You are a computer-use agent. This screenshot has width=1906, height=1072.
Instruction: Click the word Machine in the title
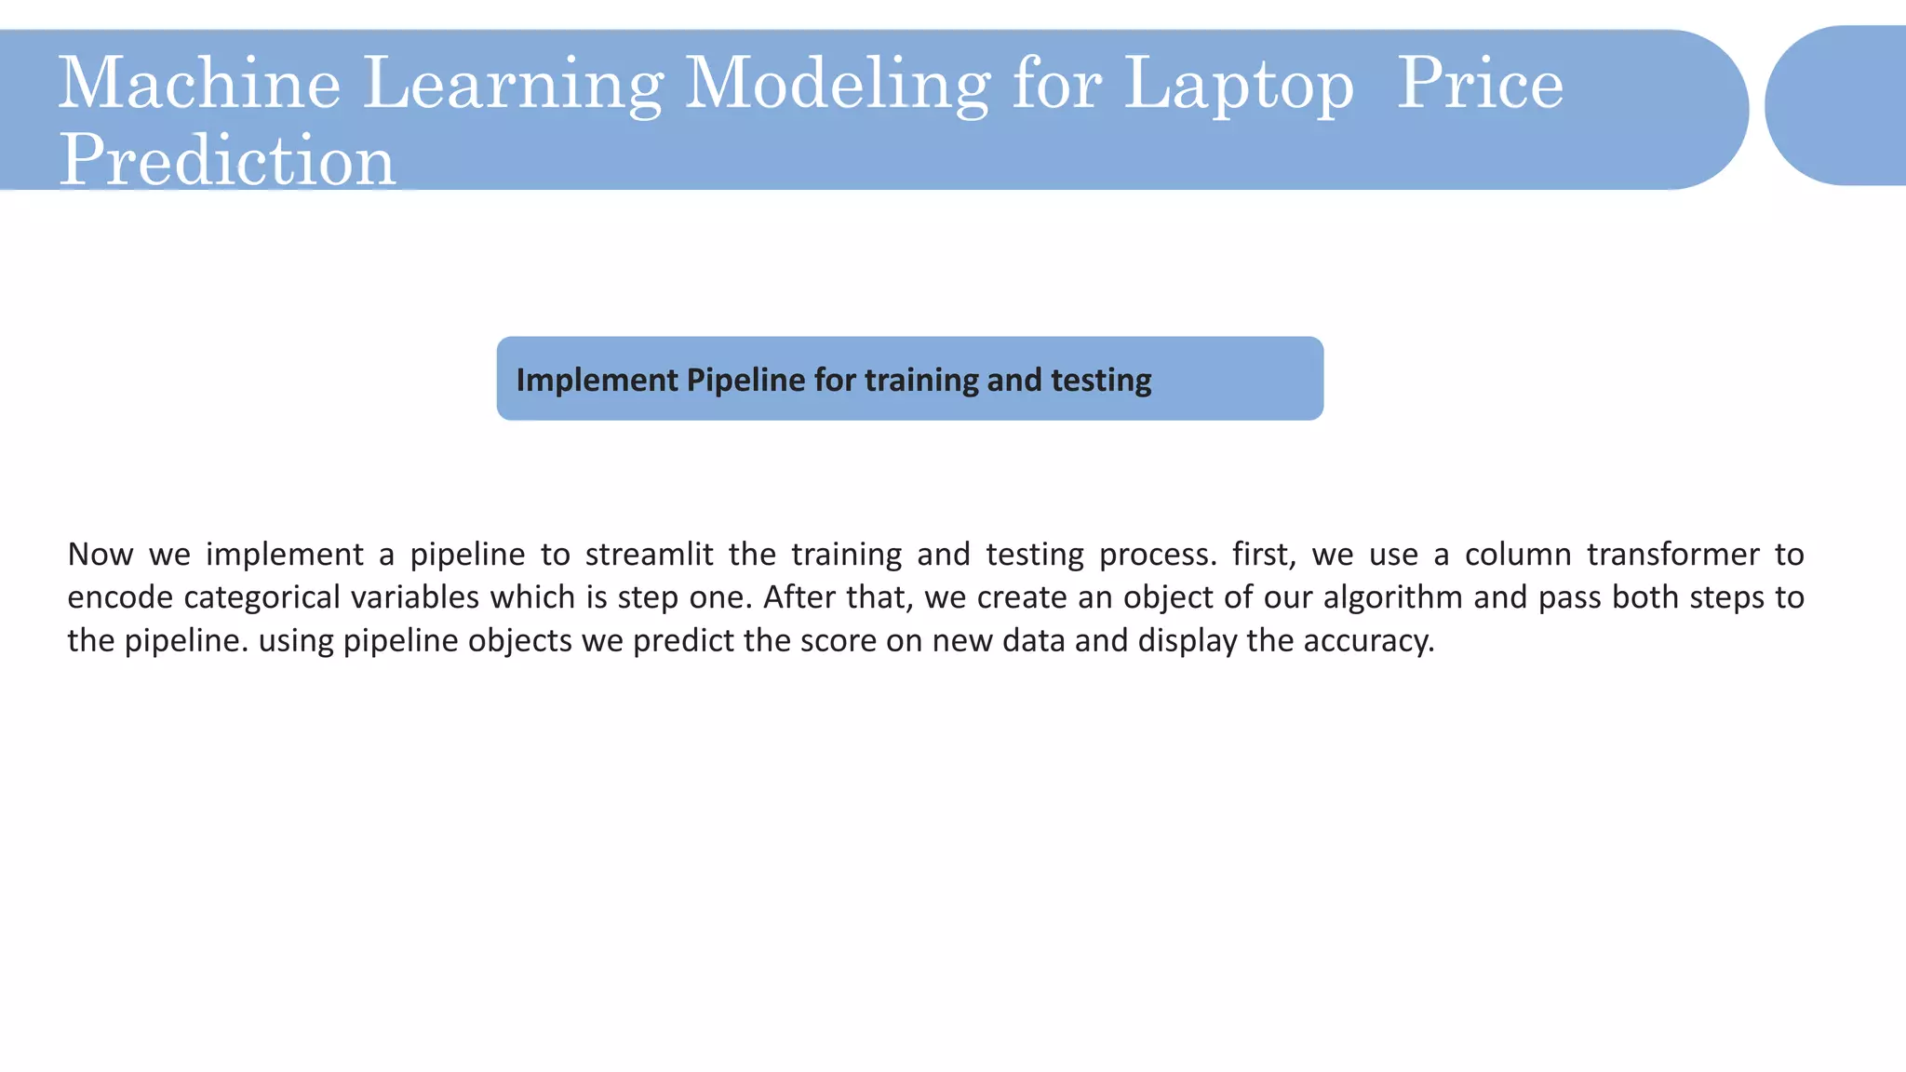(199, 84)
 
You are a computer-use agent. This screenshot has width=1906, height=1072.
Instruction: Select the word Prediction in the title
(227, 160)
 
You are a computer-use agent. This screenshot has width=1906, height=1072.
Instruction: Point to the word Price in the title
(1480, 84)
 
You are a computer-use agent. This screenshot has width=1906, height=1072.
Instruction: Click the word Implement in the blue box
(597, 380)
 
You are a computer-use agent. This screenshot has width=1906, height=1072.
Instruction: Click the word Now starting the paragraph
(101, 555)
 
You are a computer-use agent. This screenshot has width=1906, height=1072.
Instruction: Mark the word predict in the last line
(678, 641)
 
